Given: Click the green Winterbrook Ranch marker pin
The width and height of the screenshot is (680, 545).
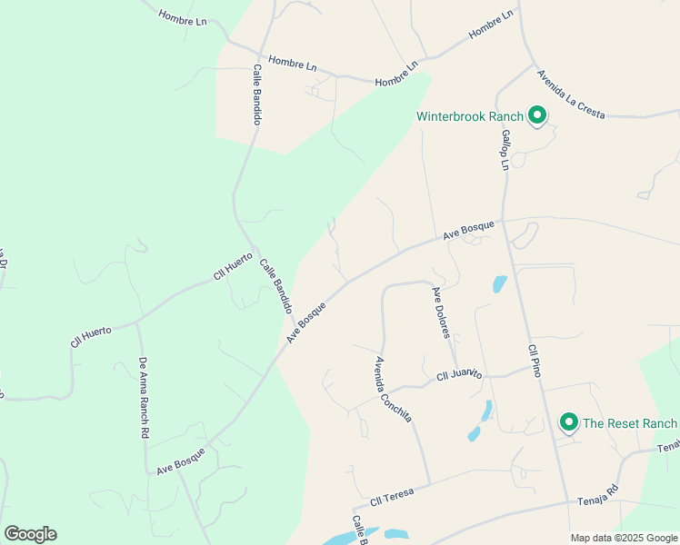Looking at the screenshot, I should pos(536,116).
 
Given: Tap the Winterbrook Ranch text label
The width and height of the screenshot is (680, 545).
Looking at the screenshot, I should pos(470,116).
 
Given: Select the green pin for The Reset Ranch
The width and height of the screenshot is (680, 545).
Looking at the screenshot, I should pos(569,422).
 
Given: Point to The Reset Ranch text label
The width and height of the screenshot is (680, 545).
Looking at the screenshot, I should pos(630,423).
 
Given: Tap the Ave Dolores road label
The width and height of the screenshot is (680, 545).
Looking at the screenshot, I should pos(441,312).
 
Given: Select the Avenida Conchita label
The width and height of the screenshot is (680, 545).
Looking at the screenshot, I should pos(394,389).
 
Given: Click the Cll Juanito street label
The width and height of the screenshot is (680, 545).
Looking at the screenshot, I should pos(458,374).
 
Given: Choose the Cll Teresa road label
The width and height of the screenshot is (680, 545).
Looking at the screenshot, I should pos(392,497).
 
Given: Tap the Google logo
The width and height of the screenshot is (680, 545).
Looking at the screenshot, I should pos(30,534).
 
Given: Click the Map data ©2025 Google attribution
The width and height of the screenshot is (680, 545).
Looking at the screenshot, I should pos(624,538).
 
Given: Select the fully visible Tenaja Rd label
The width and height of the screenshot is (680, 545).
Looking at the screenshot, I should pos(598,495).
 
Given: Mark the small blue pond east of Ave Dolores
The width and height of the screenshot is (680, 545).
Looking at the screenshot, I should pos(499,283).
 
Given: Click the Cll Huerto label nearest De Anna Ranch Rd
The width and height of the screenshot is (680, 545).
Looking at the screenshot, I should pos(91,337).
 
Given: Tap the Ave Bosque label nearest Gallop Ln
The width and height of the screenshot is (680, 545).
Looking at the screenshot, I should pos(469,230).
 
